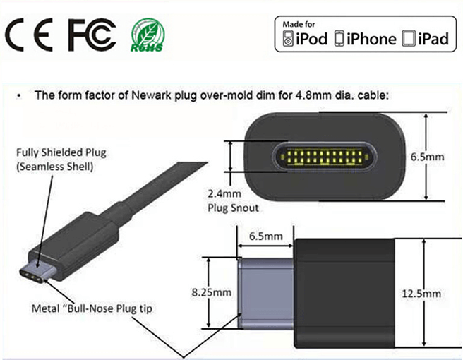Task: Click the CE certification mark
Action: pos(29,35)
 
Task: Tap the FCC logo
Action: pos(92,35)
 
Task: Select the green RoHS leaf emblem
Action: pos(148,35)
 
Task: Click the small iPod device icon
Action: pos(288,39)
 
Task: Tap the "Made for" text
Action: pos(299,24)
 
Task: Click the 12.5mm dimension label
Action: pos(421,294)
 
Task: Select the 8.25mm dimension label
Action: pos(212,292)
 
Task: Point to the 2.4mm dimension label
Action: pos(224,193)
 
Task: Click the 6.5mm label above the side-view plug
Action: pos(266,236)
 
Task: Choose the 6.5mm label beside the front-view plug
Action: pos(427,157)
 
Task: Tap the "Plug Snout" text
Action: pos(233,208)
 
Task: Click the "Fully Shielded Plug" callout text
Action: pos(61,152)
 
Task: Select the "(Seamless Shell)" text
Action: pos(54,167)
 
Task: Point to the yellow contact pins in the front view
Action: pos(324,157)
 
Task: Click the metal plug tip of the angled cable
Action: pos(37,272)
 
